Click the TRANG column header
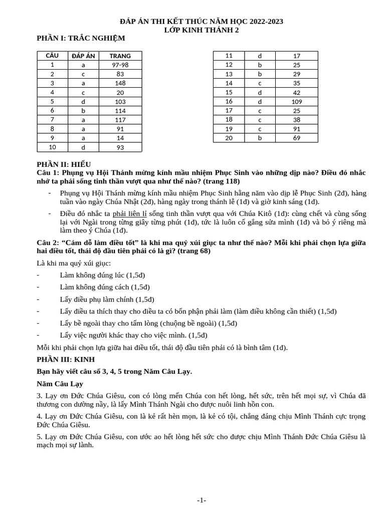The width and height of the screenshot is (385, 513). (x=120, y=56)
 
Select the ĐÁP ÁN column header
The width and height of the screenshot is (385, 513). (x=83, y=56)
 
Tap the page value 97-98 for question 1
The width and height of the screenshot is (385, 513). (x=120, y=65)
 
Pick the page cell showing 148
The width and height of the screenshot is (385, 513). (x=120, y=83)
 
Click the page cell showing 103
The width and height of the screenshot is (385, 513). (x=120, y=101)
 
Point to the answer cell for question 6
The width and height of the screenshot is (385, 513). (x=83, y=110)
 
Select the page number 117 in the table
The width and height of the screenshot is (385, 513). (x=120, y=120)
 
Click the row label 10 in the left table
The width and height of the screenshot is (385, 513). (x=52, y=147)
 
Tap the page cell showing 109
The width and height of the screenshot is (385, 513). (x=296, y=101)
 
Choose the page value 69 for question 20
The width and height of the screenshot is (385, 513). (x=296, y=138)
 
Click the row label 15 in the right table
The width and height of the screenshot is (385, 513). (x=229, y=92)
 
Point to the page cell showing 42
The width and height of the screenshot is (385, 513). (x=296, y=92)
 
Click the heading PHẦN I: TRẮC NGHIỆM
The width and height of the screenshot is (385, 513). (x=81, y=38)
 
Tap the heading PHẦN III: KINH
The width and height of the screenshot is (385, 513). (x=66, y=359)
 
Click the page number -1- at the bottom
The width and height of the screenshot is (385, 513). (x=202, y=500)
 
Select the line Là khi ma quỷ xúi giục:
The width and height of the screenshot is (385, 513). (x=74, y=263)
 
